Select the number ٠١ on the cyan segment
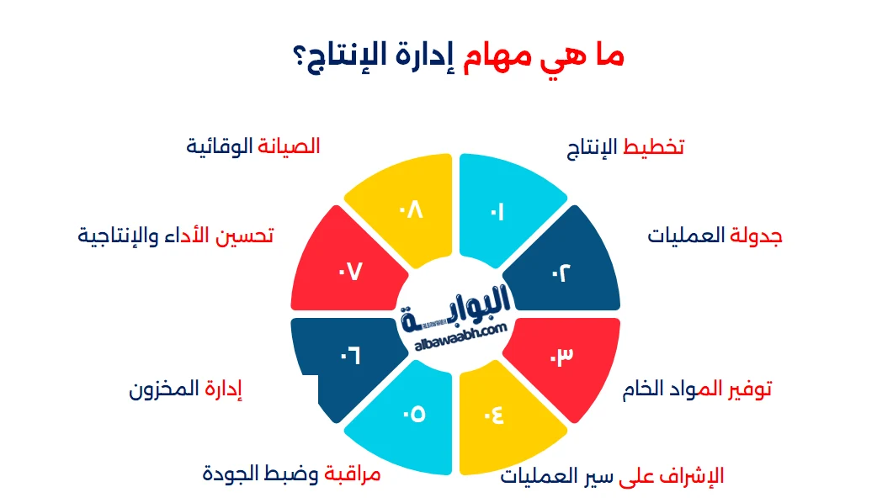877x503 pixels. pyautogui.click(x=497, y=214)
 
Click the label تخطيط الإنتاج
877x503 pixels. pyautogui.click(x=625, y=147)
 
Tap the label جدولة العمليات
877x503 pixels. pyautogui.click(x=715, y=236)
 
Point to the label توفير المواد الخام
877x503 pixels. pyautogui.click(x=697, y=389)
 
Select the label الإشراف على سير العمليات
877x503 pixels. pyautogui.click(x=612, y=476)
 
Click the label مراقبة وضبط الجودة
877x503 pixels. pyautogui.click(x=292, y=474)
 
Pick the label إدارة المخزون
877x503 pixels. pyautogui.click(x=186, y=389)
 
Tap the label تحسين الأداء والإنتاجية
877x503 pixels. pyautogui.click(x=176, y=236)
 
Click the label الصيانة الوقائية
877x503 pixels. pyautogui.click(x=252, y=146)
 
